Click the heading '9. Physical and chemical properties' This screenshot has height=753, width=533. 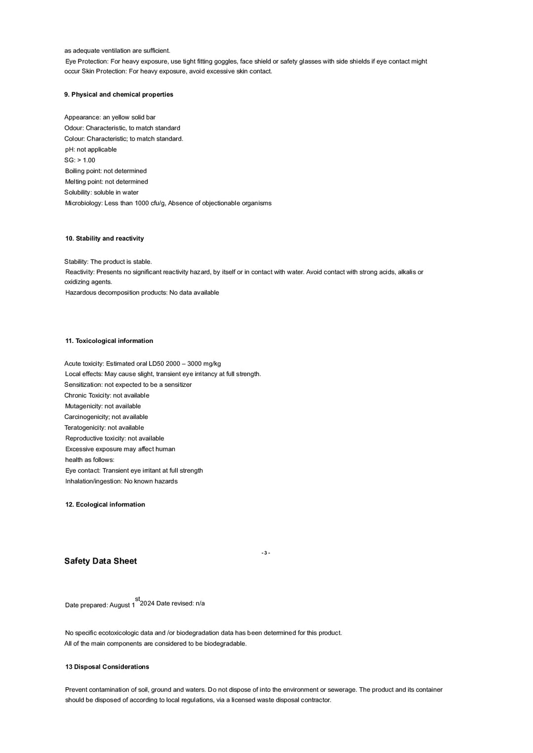point(118,94)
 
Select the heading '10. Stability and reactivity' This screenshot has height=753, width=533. point(105,238)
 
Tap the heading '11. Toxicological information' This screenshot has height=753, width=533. point(109,341)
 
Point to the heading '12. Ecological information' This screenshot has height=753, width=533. point(105,504)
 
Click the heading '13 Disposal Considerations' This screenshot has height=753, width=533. point(107,667)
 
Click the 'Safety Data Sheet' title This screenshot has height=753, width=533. point(101,561)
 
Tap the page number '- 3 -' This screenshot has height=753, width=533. point(266,553)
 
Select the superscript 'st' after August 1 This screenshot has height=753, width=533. point(138,599)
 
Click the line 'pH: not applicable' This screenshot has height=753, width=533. point(91,150)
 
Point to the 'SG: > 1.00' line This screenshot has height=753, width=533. point(80,160)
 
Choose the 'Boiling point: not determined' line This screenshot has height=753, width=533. point(106,171)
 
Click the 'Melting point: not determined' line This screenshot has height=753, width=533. point(107,182)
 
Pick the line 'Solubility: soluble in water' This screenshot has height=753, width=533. point(101,192)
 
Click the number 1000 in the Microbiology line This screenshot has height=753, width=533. point(142,203)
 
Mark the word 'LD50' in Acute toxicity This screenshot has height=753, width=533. point(156,364)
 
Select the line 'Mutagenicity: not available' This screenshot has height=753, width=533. point(103,406)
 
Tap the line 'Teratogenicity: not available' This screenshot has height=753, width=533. point(104,428)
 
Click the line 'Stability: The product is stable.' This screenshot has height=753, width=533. point(108,262)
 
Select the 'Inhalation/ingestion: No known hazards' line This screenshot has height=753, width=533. point(121,481)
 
